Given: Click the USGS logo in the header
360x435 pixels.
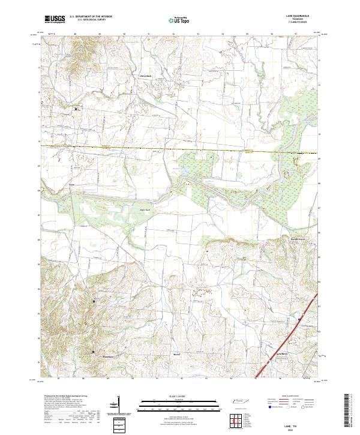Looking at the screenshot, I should pyautogui.click(x=55, y=19).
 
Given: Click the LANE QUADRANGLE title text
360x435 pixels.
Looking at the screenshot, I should pyautogui.click(x=298, y=16).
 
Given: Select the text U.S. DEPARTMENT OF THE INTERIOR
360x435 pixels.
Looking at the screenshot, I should pyautogui.click(x=91, y=16).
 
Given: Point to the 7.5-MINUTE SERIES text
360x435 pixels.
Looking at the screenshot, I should pyautogui.click(x=298, y=23).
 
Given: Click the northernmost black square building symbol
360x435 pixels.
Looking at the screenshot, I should pyautogui.click(x=76, y=109).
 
